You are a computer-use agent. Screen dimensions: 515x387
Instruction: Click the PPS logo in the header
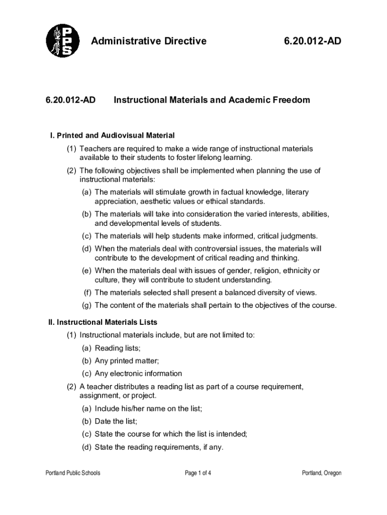coord(62,40)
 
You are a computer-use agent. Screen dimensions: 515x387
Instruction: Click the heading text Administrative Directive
coord(148,41)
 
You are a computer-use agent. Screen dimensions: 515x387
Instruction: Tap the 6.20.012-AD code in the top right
coord(312,41)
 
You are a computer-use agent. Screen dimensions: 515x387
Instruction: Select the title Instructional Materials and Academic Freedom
coord(212,100)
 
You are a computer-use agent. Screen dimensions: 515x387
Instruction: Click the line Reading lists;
coord(118,348)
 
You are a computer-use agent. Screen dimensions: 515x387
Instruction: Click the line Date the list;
coord(116,421)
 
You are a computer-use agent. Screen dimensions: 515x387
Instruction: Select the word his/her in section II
coord(132,409)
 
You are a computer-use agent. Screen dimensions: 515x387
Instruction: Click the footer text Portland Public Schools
coord(73,473)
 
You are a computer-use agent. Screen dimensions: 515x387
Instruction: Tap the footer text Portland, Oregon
coord(321,473)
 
